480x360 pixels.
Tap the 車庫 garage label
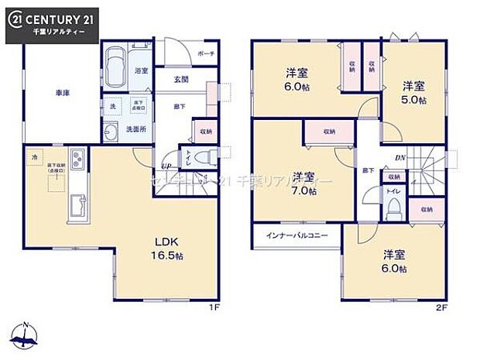[x=62, y=93]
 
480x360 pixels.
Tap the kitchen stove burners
[x=79, y=161]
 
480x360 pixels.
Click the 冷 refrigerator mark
[x=34, y=156]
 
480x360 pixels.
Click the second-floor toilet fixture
[x=393, y=205]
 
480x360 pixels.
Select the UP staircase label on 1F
[x=164, y=166]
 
